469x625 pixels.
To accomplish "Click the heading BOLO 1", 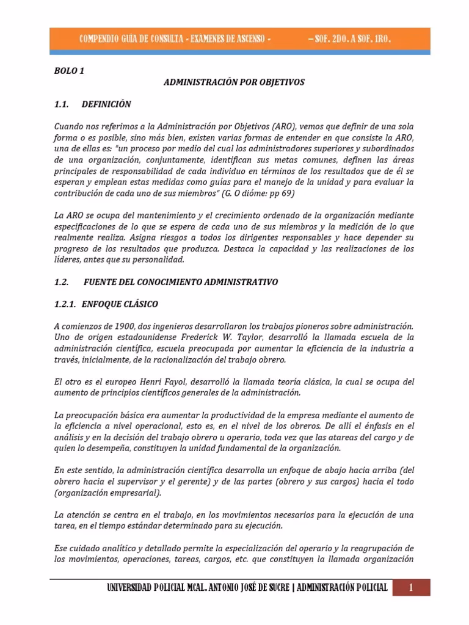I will pyautogui.click(x=68, y=71).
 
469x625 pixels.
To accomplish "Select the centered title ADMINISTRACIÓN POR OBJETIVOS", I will pyautogui.click(x=234, y=82).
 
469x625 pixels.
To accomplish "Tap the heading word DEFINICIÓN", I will pyautogui.click(x=106, y=104).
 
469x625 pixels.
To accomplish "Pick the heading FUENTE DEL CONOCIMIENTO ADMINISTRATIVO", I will pyautogui.click(x=180, y=282).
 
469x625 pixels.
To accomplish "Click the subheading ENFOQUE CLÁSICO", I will pyautogui.click(x=120, y=304).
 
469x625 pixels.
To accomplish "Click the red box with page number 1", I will pyautogui.click(x=411, y=588).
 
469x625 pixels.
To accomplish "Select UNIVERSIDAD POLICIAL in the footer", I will pyautogui.click(x=145, y=588).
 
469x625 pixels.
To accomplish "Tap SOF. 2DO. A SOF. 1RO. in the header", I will pyautogui.click(x=349, y=39).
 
